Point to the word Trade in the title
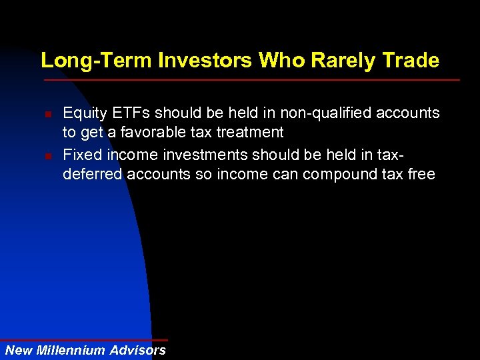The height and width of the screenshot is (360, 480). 411,61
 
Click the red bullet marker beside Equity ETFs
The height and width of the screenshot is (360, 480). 49,114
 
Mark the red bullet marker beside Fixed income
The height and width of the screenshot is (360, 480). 49,157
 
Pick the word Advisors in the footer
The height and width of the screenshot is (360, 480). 138,350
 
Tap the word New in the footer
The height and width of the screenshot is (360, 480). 19,350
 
